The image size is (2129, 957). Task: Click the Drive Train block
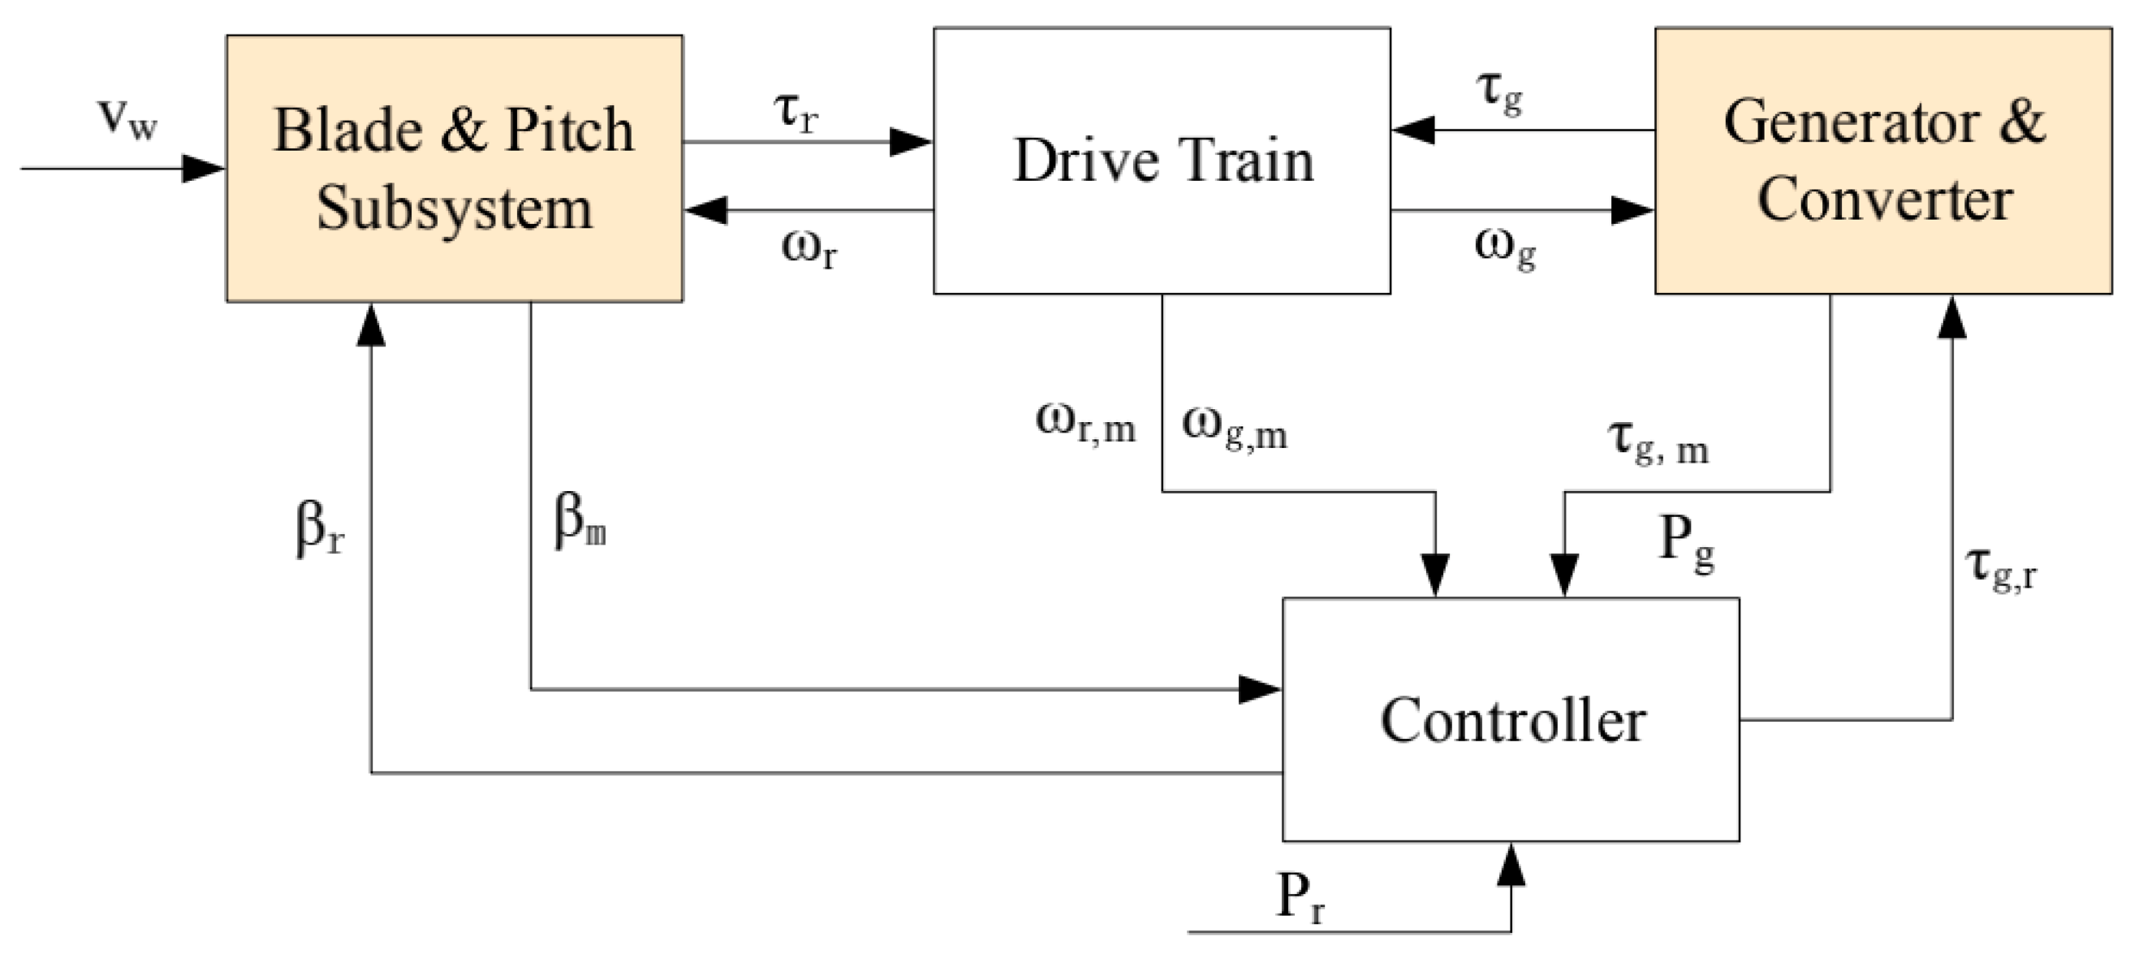coord(1161,161)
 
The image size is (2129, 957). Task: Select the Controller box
coord(1510,719)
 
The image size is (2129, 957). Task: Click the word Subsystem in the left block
coord(454,209)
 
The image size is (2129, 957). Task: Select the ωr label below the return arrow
coord(808,250)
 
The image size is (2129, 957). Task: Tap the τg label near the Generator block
coord(1499,92)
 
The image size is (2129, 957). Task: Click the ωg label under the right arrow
coord(1504,249)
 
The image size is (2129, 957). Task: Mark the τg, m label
coord(1657,442)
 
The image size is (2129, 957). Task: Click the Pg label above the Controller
coord(1685,544)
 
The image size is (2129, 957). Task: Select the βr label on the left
coord(320,528)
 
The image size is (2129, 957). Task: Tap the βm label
coord(579,523)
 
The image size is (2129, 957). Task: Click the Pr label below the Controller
coord(1299,898)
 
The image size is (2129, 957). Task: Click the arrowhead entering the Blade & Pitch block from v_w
coord(203,169)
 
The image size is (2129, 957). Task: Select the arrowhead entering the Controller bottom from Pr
coord(1510,865)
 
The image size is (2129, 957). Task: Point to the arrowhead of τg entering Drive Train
coord(1413,131)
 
